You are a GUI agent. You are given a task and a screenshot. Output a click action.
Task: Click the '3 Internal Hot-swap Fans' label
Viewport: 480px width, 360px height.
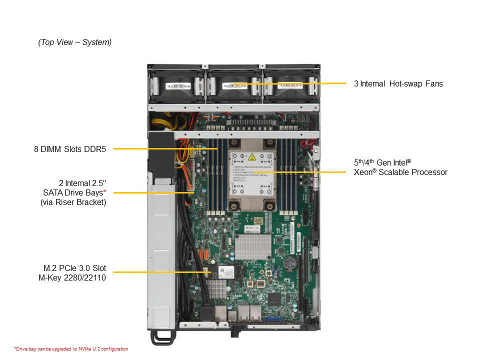398,83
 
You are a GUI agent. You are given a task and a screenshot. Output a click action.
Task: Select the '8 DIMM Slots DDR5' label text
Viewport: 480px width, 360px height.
70,148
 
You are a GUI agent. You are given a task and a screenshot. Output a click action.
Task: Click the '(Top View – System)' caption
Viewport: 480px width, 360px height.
75,42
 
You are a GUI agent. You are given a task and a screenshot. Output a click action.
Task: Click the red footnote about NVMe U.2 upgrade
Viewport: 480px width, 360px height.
70,349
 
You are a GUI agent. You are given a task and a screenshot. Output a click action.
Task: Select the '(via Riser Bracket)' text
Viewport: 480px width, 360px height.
73,202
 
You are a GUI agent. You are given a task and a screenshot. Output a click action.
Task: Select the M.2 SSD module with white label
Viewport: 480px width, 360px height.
228,272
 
